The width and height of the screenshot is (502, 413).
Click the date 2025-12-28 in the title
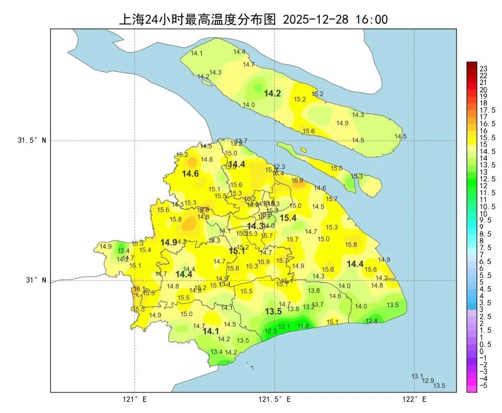[x=316, y=20]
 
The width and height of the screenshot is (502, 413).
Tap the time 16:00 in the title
[x=371, y=20]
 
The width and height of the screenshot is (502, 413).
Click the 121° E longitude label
[x=135, y=400]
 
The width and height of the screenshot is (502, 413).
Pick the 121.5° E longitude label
[x=275, y=400]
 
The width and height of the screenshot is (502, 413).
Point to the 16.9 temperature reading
[x=297, y=180]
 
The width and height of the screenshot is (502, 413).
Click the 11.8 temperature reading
[x=303, y=326]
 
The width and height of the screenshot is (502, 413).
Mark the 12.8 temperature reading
[x=372, y=321]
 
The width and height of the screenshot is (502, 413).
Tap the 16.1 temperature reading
[x=139, y=289]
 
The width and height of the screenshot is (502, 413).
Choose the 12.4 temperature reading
[x=124, y=251]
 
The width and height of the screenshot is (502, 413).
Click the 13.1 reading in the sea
[x=417, y=376]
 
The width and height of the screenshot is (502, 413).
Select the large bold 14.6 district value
[x=190, y=174]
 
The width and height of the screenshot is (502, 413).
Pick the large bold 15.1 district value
[x=237, y=251]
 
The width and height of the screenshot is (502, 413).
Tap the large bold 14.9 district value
[x=169, y=242]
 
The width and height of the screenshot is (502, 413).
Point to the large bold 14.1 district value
[x=211, y=331]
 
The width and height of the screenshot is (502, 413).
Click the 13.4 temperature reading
[x=217, y=352]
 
